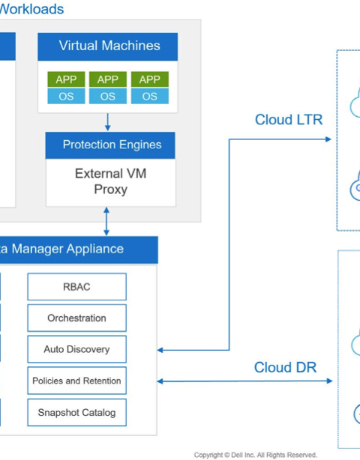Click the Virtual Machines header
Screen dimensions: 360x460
tap(107, 46)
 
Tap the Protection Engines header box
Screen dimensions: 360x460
tap(110, 145)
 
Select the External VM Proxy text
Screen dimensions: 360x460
tap(111, 181)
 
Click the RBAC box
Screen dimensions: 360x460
tap(77, 287)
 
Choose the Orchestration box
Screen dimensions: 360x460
tap(77, 318)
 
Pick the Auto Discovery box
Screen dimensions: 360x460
tap(77, 349)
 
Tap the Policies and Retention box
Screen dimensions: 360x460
tap(77, 381)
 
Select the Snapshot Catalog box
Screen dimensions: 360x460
tap(77, 412)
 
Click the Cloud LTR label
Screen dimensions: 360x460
tap(289, 120)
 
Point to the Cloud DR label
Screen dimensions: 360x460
tap(285, 367)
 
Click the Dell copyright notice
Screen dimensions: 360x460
tap(256, 455)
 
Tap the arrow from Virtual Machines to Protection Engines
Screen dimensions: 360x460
tap(108, 122)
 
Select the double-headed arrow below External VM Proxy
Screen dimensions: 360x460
tap(106, 221)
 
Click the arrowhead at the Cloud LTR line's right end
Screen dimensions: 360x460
tap(328, 139)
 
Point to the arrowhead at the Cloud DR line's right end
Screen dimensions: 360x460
tap(329, 381)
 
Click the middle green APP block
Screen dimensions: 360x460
tap(108, 79)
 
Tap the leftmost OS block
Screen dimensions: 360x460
tap(66, 96)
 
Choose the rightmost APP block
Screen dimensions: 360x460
tap(150, 79)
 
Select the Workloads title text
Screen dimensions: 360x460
tap(31, 9)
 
